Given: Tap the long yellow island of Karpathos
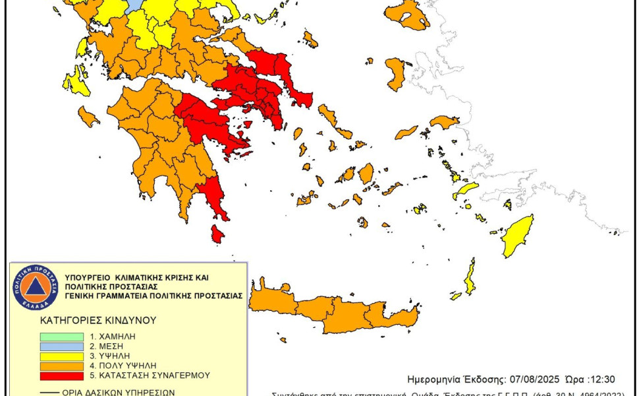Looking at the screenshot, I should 470,278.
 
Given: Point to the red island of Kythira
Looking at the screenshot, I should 217,234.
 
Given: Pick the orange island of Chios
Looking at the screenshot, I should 395,73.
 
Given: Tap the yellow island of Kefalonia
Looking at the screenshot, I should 76,82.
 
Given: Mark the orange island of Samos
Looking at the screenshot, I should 444,121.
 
